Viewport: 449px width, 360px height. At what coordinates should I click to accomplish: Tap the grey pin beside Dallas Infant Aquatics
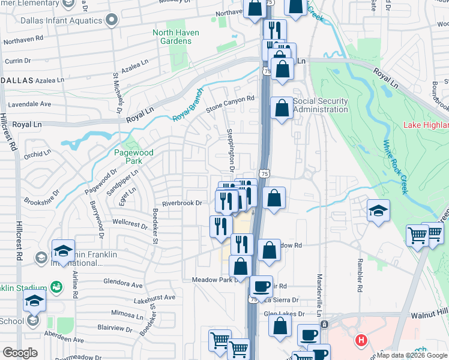111,20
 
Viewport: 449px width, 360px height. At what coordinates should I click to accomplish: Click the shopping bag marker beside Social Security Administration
282,109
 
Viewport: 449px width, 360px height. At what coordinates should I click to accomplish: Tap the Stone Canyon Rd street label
231,103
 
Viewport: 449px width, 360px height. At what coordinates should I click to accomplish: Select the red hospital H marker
361,340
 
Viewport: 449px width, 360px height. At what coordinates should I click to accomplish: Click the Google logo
20,353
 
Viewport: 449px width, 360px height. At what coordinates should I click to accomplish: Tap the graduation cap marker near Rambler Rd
378,211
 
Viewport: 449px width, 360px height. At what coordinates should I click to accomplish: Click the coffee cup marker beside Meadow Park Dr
261,286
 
